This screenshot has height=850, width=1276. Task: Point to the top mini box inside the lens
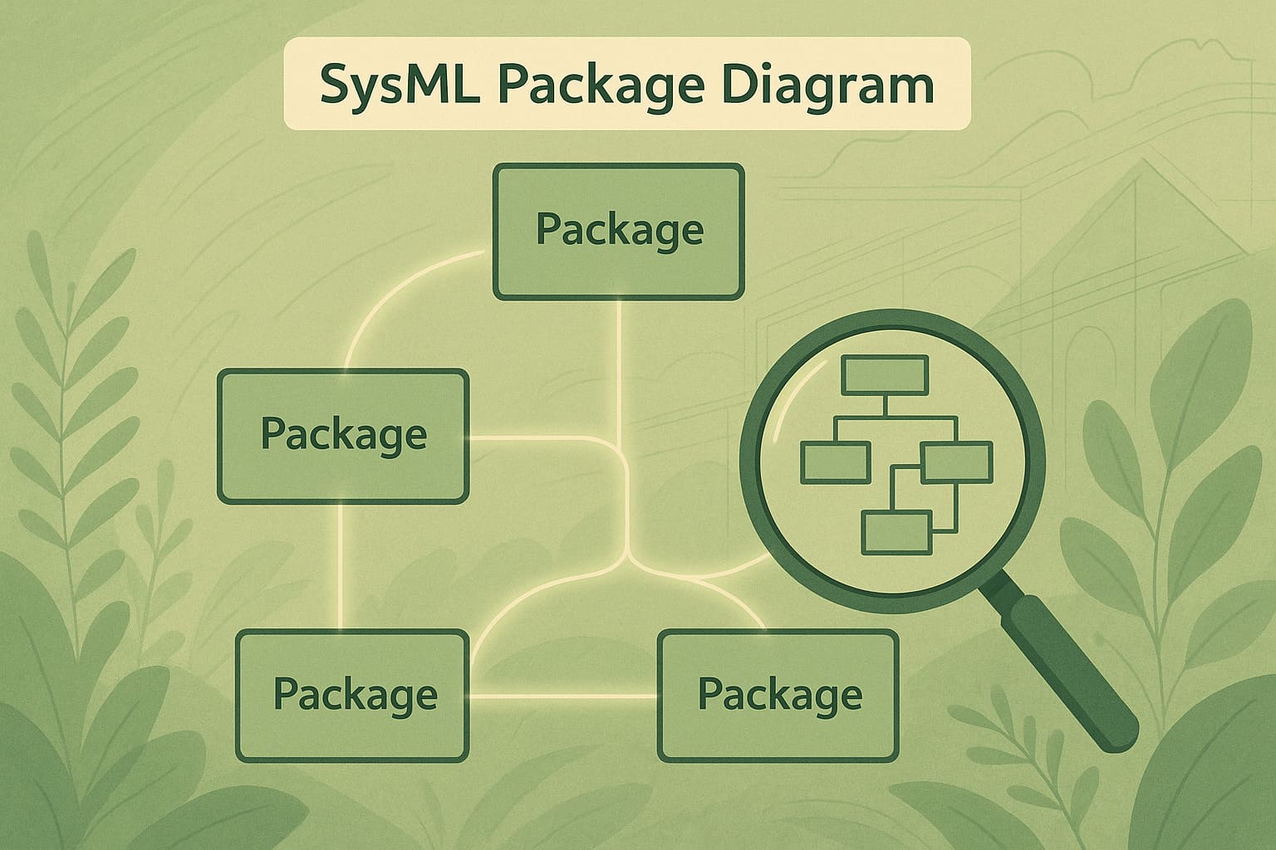coord(885,375)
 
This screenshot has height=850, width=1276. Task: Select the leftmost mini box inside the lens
coord(836,462)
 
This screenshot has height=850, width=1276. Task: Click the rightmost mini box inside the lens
coord(957,462)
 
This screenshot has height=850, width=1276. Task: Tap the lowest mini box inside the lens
coord(896,532)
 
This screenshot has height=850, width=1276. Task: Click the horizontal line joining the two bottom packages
coord(563,696)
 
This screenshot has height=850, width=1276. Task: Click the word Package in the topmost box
coord(620,229)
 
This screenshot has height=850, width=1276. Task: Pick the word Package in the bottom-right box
coord(779,694)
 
